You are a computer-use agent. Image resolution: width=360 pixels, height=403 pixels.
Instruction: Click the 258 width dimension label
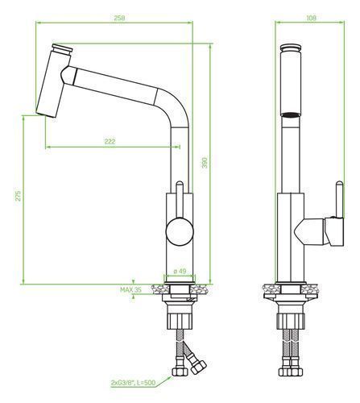click(x=119, y=18)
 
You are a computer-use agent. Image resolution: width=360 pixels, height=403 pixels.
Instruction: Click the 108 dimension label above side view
click(x=311, y=18)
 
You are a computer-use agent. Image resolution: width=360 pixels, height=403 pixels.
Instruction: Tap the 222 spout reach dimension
click(x=110, y=141)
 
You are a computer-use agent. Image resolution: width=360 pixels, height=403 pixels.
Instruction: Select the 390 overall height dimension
click(x=205, y=163)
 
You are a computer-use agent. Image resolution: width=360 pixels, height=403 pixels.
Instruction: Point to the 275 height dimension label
click(x=18, y=196)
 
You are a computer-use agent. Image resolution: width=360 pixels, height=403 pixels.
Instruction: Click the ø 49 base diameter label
click(x=180, y=271)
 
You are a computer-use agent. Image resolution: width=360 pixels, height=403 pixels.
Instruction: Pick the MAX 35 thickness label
click(x=130, y=289)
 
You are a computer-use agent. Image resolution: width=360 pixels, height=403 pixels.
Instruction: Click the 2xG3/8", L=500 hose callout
click(x=133, y=382)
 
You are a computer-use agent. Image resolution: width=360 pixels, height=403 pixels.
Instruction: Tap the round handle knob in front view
click(x=180, y=231)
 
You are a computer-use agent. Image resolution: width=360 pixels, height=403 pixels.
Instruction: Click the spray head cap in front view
click(x=62, y=50)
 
